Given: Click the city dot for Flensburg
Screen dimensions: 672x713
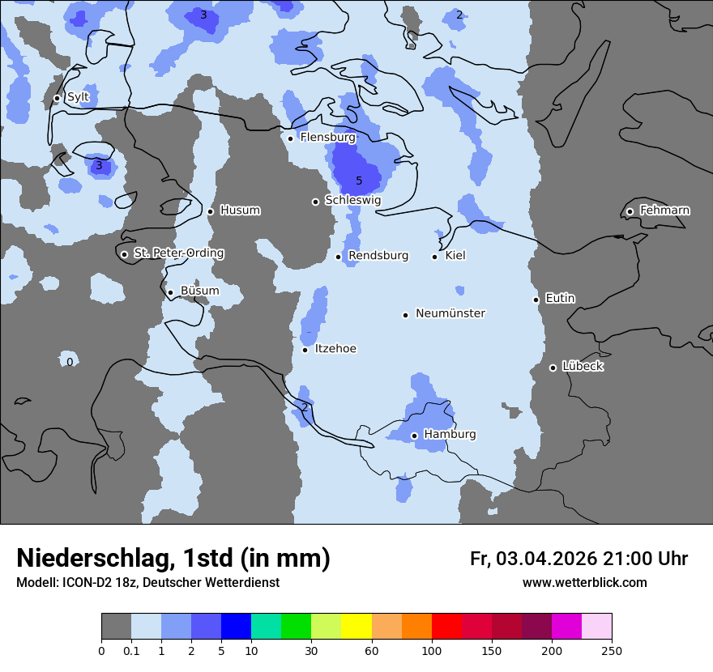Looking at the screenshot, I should (x=290, y=138).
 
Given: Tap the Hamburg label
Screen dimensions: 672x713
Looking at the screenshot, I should (x=450, y=435).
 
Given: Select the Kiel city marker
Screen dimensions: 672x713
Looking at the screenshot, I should (x=435, y=257).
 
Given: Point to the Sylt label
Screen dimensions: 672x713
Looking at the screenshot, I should (x=78, y=97).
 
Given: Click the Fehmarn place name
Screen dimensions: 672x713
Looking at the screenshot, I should (x=664, y=211).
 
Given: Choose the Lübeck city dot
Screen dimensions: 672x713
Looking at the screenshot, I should (x=553, y=368).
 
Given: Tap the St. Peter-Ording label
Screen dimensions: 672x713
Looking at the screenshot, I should (x=178, y=253).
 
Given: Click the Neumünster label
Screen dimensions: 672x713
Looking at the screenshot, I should (x=450, y=313).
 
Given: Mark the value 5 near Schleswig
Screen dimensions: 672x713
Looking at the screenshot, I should (x=359, y=181).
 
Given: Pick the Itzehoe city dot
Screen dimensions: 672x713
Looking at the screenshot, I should (x=305, y=350).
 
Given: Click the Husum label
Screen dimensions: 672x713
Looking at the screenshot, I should (x=240, y=211).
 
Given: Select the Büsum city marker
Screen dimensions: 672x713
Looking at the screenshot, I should (x=170, y=292).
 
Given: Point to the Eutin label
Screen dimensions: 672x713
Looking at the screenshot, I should (x=560, y=299).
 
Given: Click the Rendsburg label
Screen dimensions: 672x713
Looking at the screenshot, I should (x=378, y=256).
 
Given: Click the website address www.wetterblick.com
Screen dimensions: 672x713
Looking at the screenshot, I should (x=584, y=583).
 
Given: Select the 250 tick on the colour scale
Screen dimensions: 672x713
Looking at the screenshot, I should (x=612, y=650).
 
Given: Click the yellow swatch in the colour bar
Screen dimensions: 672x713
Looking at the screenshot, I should (x=356, y=627).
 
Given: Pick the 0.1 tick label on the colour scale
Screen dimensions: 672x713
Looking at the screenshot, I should (x=130, y=650).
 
